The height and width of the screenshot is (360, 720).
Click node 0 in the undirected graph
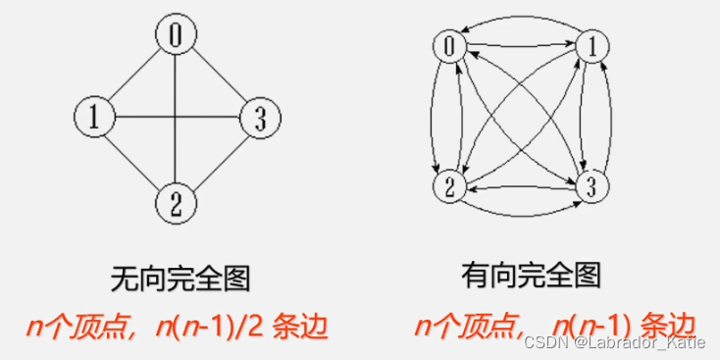coord(176,36)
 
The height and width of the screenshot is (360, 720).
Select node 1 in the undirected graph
coord(94,119)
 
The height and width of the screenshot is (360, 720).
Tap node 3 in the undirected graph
coord(260,119)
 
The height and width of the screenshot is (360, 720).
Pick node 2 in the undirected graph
coord(176,204)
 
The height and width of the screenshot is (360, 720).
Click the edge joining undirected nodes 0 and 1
coord(134,77)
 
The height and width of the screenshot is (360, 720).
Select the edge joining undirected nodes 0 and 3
coord(218,77)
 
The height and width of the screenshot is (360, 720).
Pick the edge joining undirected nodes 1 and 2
coord(134,161)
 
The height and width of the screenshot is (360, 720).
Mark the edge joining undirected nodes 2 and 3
coord(218,161)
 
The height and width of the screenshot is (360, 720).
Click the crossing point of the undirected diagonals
coord(177,119)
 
